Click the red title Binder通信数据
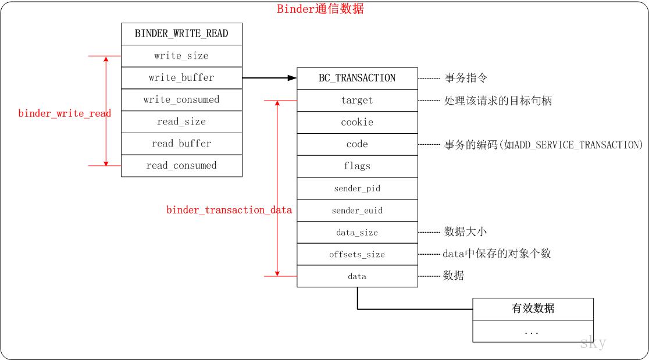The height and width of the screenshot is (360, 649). coord(320,9)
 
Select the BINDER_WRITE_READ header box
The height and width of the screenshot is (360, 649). coord(181,34)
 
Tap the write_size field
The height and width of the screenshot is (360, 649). coord(181,56)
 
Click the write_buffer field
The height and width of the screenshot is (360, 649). coord(181,78)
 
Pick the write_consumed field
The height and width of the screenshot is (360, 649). coord(181,99)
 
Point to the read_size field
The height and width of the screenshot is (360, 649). coord(181,122)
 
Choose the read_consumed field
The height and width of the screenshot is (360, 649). coord(181,166)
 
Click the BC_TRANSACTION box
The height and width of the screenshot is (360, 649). coord(357,78)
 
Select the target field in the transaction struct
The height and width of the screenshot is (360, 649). coord(357,100)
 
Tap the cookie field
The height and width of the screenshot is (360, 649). coord(357,122)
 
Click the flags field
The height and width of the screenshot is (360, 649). coord(357,166)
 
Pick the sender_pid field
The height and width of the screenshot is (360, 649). coord(357,188)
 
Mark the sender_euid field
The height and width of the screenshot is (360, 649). coord(357,211)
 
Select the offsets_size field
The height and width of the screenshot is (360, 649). coord(357,254)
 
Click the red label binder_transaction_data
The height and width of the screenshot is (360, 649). coord(229,210)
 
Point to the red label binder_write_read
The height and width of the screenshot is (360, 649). coord(65,113)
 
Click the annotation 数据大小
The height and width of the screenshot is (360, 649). coord(465,231)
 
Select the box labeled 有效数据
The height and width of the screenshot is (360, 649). coord(533,309)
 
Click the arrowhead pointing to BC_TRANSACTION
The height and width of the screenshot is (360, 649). coord(292,77)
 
